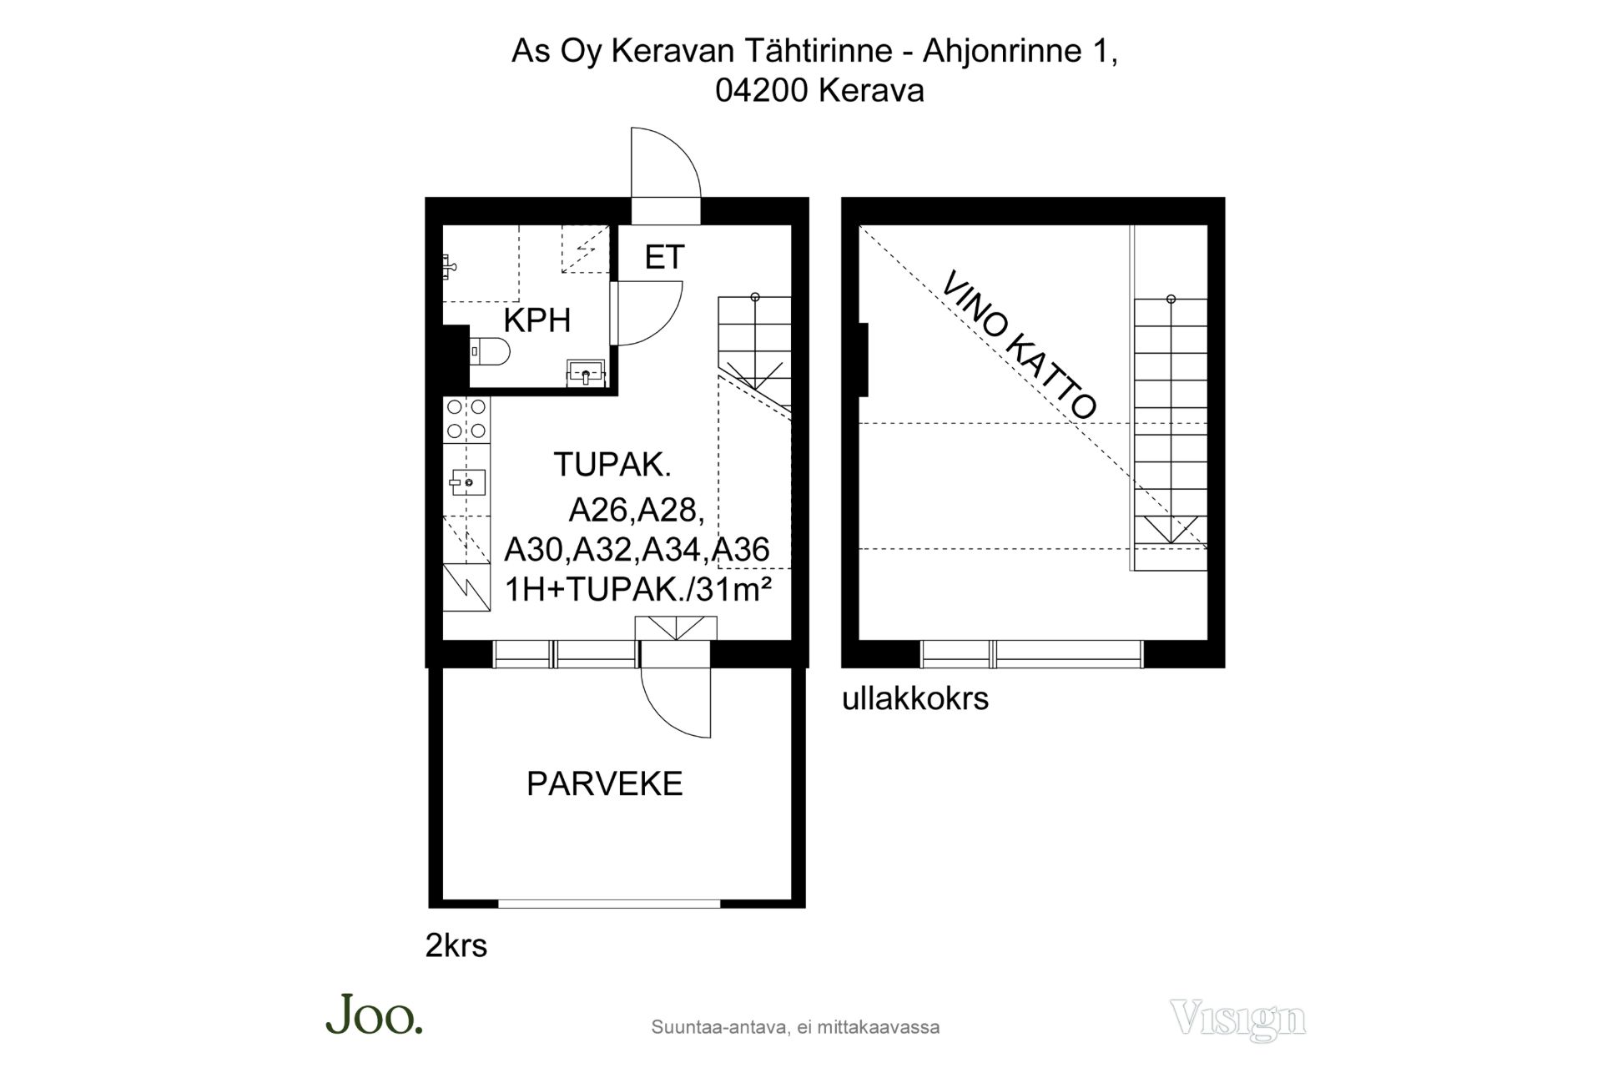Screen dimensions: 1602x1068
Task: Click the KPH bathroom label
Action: click(x=537, y=320)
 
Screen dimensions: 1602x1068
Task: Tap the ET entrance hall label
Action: click(x=664, y=257)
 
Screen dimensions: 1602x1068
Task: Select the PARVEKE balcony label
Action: click(x=605, y=783)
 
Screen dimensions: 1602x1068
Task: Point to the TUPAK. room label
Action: click(x=612, y=465)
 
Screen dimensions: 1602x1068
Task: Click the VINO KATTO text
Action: click(x=1019, y=345)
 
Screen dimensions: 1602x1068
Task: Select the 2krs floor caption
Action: click(x=456, y=945)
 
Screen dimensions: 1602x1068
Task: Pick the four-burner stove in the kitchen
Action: click(x=466, y=419)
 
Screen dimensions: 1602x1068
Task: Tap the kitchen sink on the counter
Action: click(x=467, y=481)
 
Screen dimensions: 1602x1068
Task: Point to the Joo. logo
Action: click(x=375, y=1015)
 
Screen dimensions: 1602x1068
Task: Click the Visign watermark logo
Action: click(x=1237, y=1019)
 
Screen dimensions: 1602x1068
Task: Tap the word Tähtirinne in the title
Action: click(x=825, y=52)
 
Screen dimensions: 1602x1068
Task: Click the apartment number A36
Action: click(x=742, y=549)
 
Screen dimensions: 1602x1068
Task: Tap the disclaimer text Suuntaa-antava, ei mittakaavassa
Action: click(x=795, y=1027)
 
